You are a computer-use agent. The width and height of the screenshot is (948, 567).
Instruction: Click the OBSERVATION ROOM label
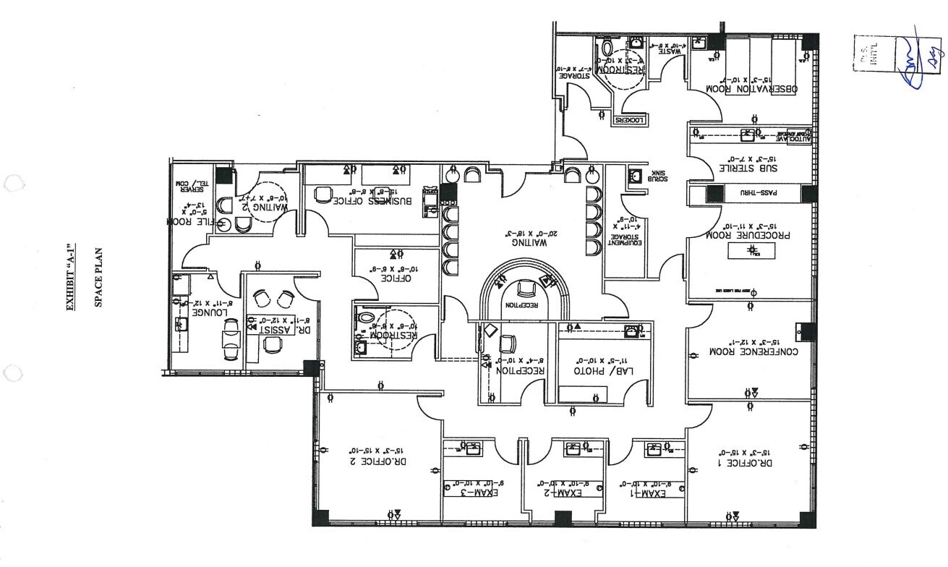tap(751, 89)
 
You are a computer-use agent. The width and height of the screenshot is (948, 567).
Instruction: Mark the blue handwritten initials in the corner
tap(913, 59)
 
